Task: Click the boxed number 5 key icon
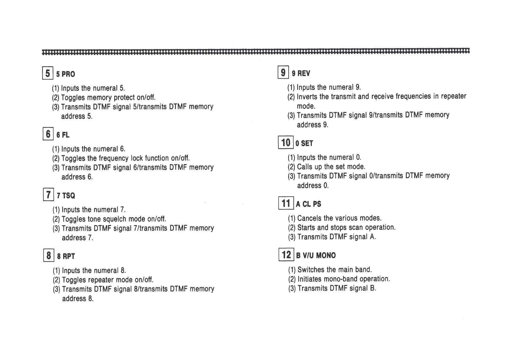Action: coord(48,73)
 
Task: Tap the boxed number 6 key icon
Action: coord(48,134)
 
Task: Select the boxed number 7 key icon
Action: coord(48,195)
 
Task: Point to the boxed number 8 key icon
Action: coord(49,255)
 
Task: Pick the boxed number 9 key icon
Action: coord(283,73)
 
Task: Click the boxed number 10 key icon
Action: coord(286,142)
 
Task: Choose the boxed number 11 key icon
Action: coord(286,203)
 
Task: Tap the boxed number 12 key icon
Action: coord(286,255)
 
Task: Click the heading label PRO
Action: coord(68,74)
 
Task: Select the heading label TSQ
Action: coord(69,196)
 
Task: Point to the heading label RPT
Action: coord(69,257)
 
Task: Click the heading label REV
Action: coord(304,74)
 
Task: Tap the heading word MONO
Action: coord(326,256)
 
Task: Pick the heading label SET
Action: coord(307,143)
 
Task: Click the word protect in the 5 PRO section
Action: coord(124,97)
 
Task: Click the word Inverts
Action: coord(307,97)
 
